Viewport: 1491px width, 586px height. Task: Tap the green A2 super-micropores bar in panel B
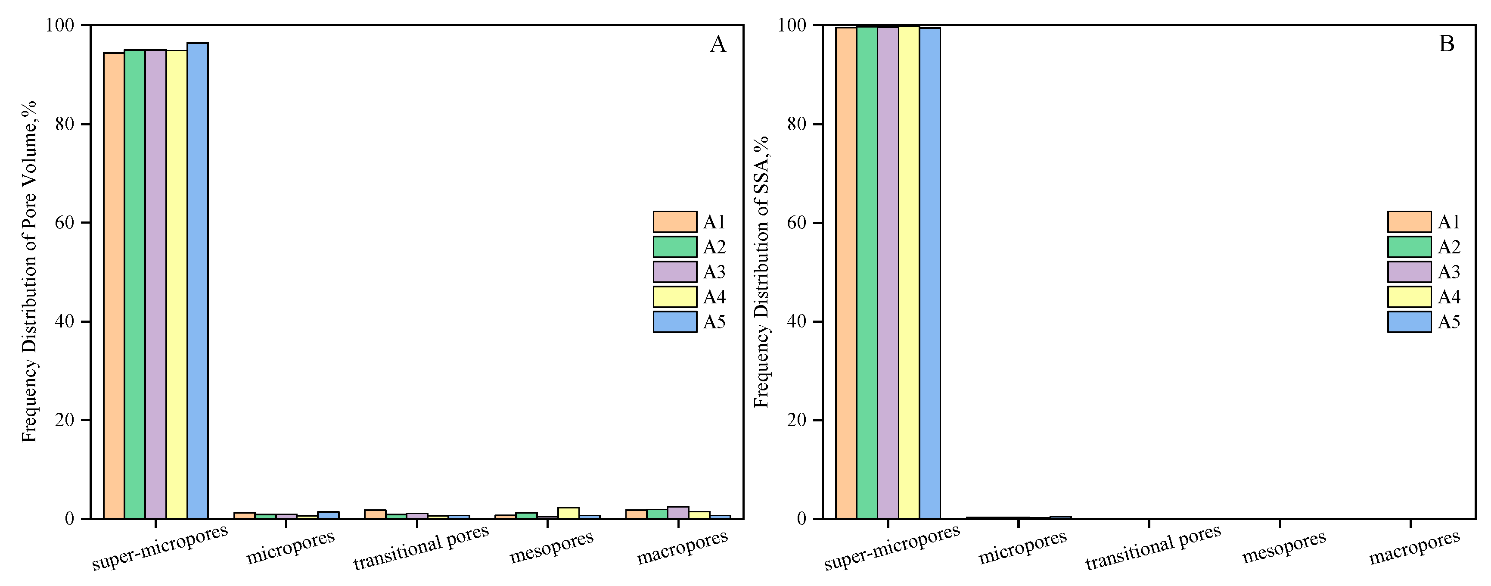click(x=867, y=272)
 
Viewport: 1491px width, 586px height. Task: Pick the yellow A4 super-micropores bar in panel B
click(x=909, y=272)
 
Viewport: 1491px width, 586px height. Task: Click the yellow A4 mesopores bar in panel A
click(x=568, y=513)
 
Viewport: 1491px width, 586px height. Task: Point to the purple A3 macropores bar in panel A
click(x=678, y=512)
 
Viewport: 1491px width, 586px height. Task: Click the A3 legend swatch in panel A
click(x=675, y=271)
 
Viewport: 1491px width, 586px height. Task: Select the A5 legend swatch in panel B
click(x=1409, y=322)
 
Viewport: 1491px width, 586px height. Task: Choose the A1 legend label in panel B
click(x=1449, y=222)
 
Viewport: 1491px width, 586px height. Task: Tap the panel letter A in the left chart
click(x=717, y=44)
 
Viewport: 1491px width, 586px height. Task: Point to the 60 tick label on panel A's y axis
click(x=64, y=223)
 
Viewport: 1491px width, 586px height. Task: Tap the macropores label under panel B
click(x=1414, y=547)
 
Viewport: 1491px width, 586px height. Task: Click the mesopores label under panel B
click(x=1284, y=547)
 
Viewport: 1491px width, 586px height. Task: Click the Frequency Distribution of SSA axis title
click(x=762, y=272)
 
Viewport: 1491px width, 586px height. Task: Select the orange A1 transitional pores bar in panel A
click(x=375, y=514)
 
